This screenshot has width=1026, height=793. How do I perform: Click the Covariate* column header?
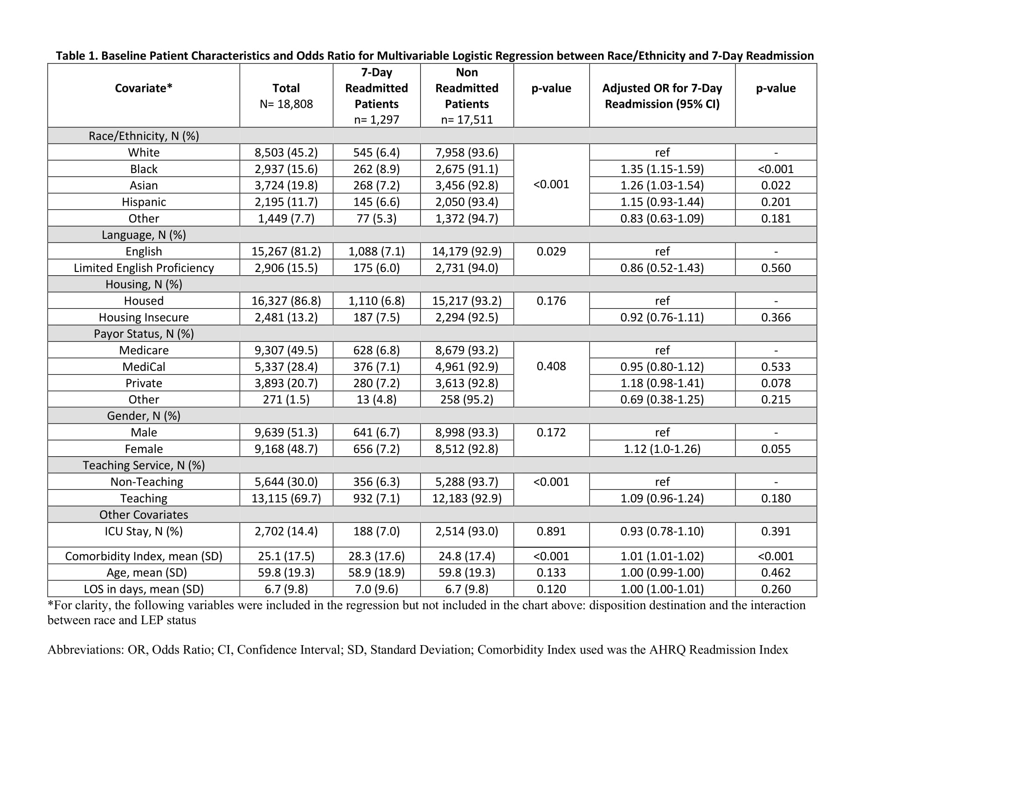click(143, 88)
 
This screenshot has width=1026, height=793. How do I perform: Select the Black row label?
click(144, 169)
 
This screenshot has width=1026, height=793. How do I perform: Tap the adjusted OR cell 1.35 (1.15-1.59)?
click(662, 169)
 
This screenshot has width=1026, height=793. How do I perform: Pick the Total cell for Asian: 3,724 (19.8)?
click(285, 186)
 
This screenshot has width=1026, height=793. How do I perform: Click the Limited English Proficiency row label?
click(144, 268)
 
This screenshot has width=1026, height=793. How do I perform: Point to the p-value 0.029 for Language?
click(551, 251)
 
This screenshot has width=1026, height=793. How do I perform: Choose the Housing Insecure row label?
click(144, 317)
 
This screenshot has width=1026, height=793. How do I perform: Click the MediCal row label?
click(144, 367)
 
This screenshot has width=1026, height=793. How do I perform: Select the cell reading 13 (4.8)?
click(376, 399)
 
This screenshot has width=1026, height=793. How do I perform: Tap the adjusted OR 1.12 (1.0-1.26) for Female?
click(662, 449)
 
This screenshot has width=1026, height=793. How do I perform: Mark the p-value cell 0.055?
click(776, 449)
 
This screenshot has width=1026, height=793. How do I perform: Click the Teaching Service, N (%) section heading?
click(144, 465)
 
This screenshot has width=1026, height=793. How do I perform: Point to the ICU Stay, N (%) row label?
click(144, 531)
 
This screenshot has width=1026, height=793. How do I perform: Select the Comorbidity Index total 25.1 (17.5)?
click(285, 556)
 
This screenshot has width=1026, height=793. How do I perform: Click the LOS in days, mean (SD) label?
click(144, 589)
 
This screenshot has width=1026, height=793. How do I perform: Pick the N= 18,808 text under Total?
click(285, 104)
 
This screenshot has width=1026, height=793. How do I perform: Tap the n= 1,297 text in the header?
click(376, 120)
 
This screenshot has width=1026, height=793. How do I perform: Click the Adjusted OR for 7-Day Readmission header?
click(662, 96)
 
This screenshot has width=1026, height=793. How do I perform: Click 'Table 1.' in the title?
click(76, 56)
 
